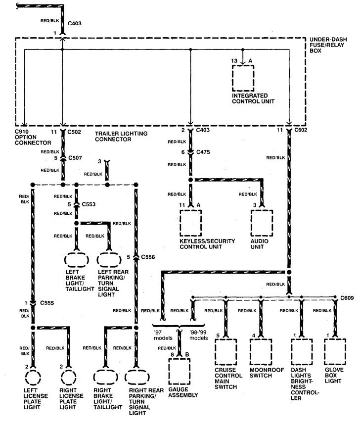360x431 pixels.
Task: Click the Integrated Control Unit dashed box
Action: point(232,78)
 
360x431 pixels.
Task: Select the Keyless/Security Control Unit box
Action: point(180,223)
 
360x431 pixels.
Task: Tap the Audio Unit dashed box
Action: point(251,223)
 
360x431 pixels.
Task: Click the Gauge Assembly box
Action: point(169,371)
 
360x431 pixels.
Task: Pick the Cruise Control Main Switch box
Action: point(216,352)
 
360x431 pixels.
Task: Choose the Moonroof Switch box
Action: point(250,352)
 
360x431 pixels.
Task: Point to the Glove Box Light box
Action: point(325,352)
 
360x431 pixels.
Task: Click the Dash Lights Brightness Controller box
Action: point(292,352)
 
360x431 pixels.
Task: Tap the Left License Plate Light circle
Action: point(26,378)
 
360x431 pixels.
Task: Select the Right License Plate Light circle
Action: point(61,378)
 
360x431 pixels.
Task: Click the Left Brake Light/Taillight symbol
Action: point(65,259)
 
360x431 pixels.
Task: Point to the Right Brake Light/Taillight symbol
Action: point(94,378)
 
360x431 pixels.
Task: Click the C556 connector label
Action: point(148,257)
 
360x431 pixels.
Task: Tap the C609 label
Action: point(347,298)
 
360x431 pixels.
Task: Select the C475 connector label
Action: point(203,152)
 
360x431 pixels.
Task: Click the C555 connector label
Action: point(47,303)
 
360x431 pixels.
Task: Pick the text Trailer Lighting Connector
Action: point(121,137)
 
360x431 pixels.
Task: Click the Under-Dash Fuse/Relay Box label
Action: point(328,45)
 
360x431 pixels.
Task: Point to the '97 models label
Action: point(163,335)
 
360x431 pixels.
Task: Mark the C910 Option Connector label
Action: point(33,137)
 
